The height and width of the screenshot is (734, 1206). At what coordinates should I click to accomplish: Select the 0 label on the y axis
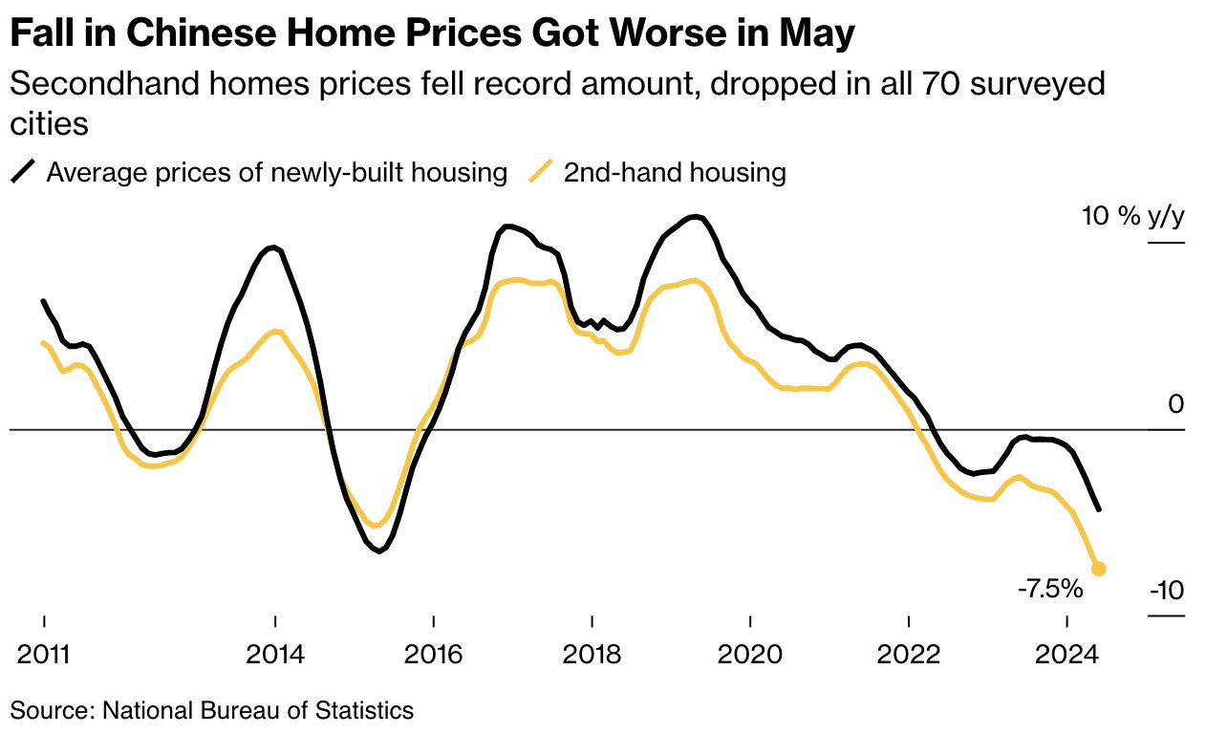1175,404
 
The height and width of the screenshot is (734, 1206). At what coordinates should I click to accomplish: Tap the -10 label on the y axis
1166,591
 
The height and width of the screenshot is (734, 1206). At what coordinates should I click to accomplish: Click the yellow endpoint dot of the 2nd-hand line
1099,569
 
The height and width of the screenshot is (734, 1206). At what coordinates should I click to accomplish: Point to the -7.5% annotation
1050,588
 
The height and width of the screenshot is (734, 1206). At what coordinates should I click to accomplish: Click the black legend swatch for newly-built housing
24,173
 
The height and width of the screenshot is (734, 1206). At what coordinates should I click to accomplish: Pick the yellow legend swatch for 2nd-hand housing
541,173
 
